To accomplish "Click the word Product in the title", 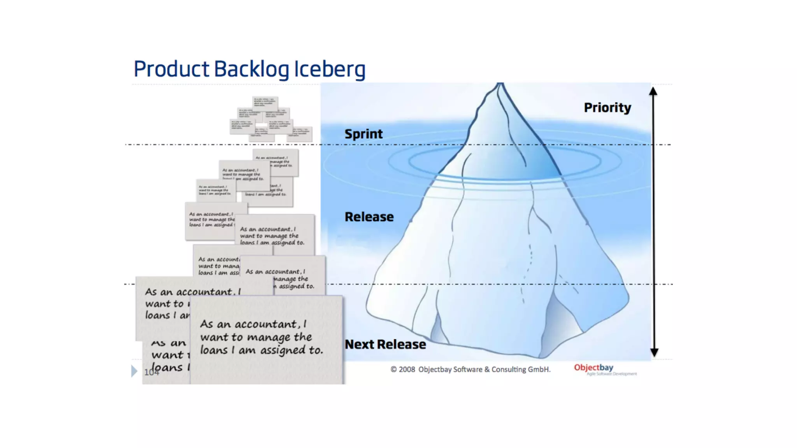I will [x=171, y=69].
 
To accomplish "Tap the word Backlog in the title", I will [x=251, y=69].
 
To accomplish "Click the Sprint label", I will [x=363, y=134].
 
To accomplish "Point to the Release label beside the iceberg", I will [x=369, y=217].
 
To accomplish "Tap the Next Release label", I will [x=385, y=345].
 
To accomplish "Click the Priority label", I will [x=607, y=108].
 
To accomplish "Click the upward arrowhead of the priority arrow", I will [x=653, y=92].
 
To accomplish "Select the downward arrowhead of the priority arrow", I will [x=654, y=352].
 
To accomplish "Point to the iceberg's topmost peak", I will [x=500, y=85].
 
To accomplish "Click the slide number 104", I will [x=151, y=373].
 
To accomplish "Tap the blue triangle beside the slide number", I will [x=134, y=371].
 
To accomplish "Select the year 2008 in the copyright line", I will [x=407, y=369].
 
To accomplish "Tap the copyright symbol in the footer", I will [x=393, y=369].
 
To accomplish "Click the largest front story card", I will [x=267, y=338].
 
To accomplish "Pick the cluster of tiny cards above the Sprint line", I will [x=270, y=119].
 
